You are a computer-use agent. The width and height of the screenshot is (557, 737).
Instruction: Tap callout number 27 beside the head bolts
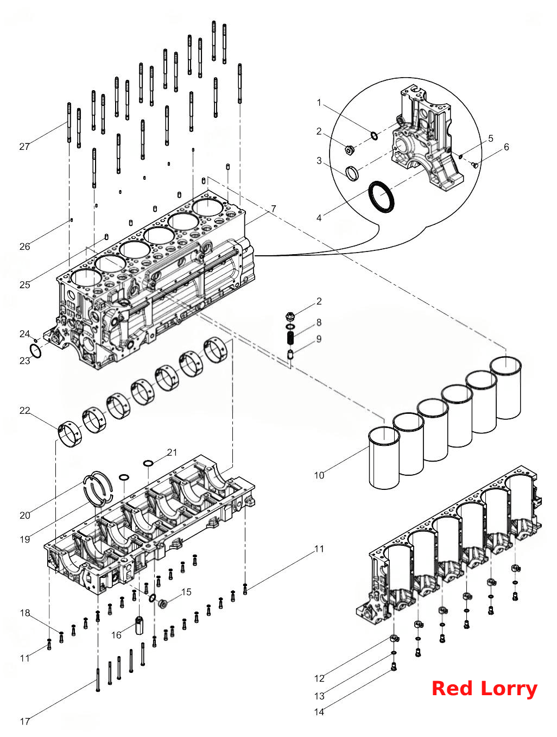click(x=24, y=147)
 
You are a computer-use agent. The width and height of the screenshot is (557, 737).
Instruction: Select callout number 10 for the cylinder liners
click(x=319, y=475)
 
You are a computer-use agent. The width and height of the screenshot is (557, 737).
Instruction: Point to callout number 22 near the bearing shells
click(x=25, y=410)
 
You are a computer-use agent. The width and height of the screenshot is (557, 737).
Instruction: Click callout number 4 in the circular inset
click(x=319, y=218)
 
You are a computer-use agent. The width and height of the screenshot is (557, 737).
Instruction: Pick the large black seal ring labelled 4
click(x=381, y=197)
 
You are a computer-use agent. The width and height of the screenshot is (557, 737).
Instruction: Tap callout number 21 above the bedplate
click(x=172, y=452)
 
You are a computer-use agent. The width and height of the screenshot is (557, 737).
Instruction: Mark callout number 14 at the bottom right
click(x=319, y=712)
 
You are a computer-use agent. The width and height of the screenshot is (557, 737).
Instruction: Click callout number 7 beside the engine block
click(x=274, y=209)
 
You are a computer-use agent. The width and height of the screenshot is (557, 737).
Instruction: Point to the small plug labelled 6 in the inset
click(x=474, y=165)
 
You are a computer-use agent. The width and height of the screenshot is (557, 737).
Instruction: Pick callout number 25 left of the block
click(x=25, y=285)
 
